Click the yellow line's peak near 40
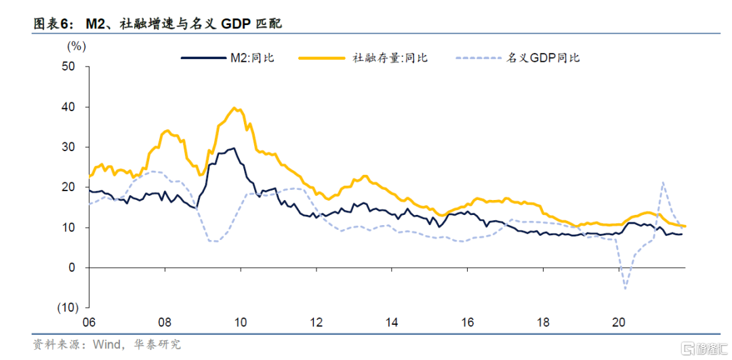pyautogui.click(x=235, y=108)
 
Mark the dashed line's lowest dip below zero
pyautogui.click(x=624, y=289)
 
